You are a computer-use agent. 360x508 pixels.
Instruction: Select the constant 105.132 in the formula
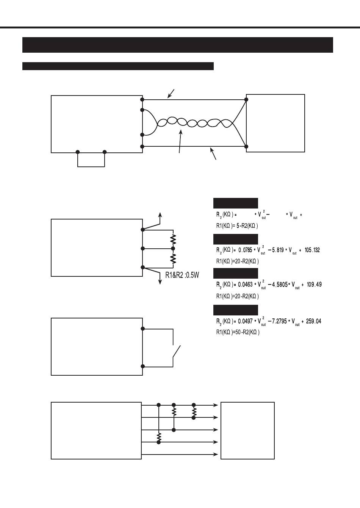[x=312, y=250]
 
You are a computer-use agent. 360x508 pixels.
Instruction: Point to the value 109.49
[x=314, y=285]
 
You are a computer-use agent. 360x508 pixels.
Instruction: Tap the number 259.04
[x=313, y=321]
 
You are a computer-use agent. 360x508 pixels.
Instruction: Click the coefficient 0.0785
[x=245, y=250]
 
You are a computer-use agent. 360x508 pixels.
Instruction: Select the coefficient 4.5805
[x=279, y=285]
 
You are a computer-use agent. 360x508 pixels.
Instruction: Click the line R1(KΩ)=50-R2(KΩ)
[x=238, y=332]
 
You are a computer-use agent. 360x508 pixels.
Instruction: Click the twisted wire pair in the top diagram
[x=193, y=122]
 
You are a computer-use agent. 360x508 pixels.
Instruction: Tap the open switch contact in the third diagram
[x=177, y=351]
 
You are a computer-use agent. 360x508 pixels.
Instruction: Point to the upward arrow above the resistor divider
[x=160, y=218]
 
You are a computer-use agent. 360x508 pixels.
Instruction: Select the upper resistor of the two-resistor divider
[x=173, y=240]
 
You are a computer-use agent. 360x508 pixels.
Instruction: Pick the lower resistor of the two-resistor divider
[x=173, y=258]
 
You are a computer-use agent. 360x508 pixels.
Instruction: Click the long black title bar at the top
[x=177, y=45]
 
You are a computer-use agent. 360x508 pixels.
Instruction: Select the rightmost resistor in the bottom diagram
[x=194, y=411]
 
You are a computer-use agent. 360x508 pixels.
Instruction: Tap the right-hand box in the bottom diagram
[x=247, y=430]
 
